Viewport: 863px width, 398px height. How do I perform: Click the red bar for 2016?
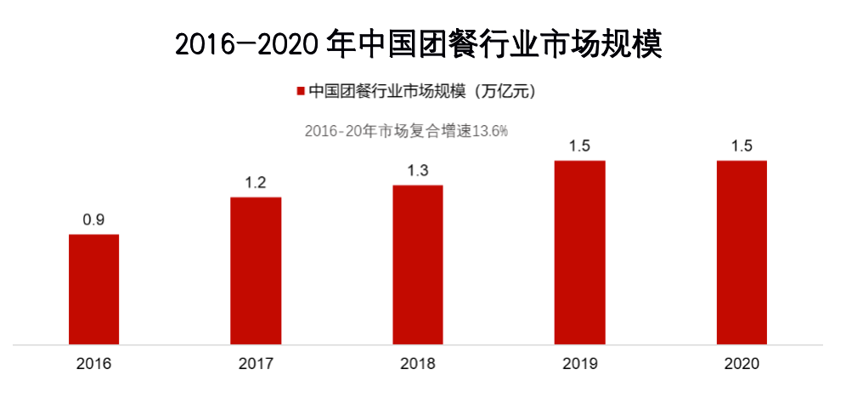[93, 289]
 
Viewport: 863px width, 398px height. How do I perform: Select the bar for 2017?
[256, 271]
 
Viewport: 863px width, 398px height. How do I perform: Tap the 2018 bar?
[418, 265]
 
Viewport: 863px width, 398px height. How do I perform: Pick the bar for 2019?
[580, 253]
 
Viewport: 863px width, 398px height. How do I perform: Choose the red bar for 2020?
[742, 253]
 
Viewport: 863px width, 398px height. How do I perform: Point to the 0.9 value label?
[93, 220]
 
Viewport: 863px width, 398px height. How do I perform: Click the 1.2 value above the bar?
[256, 183]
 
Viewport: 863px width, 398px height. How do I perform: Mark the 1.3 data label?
[418, 171]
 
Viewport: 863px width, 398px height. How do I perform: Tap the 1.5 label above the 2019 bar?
[580, 146]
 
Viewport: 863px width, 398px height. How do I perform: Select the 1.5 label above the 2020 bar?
[742, 146]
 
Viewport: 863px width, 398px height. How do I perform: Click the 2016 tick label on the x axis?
[93, 364]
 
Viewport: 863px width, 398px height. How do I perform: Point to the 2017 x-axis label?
[256, 364]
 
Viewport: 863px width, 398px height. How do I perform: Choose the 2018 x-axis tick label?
[418, 364]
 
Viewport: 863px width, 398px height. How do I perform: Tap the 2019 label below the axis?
[580, 364]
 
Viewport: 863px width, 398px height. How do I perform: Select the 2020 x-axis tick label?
[742, 364]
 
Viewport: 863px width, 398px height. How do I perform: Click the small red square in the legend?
[299, 91]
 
